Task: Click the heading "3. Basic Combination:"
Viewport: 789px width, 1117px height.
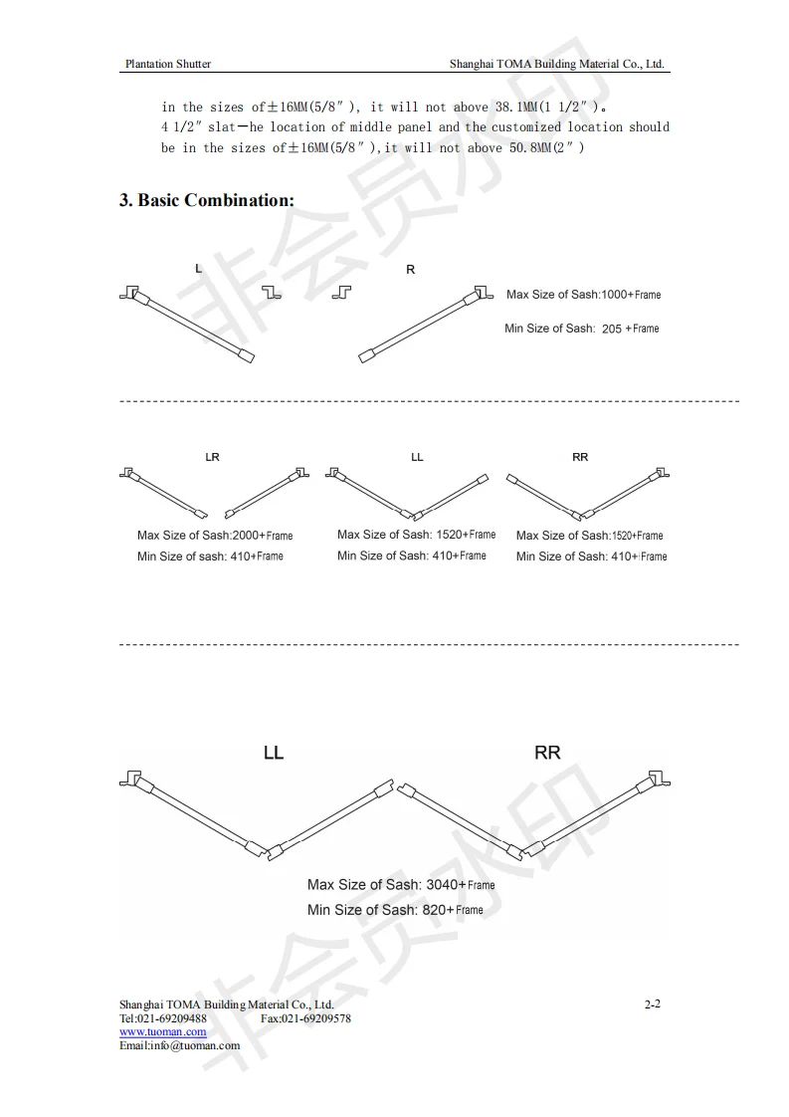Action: [207, 200]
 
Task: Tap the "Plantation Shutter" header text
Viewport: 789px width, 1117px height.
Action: [167, 64]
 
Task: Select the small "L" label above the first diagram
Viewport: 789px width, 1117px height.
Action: [199, 269]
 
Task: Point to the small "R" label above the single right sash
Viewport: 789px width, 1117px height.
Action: [411, 270]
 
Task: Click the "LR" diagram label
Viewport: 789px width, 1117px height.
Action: [212, 457]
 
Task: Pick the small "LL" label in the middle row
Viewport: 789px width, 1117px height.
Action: [417, 457]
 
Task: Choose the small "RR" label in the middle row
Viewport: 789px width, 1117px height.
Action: [580, 457]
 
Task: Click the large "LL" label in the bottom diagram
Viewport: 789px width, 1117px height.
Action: [274, 753]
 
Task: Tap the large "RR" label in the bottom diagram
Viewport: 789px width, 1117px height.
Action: [547, 753]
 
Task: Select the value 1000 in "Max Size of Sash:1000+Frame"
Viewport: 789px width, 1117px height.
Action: [615, 295]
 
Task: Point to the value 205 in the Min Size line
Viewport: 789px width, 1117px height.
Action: [612, 329]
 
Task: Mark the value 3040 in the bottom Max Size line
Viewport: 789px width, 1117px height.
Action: [442, 884]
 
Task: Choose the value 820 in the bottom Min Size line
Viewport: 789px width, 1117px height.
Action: [433, 910]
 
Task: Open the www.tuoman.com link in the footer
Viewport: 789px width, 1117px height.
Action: [163, 1032]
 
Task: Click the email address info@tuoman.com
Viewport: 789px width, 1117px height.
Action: [194, 1045]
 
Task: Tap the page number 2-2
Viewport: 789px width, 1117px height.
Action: [653, 1004]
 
